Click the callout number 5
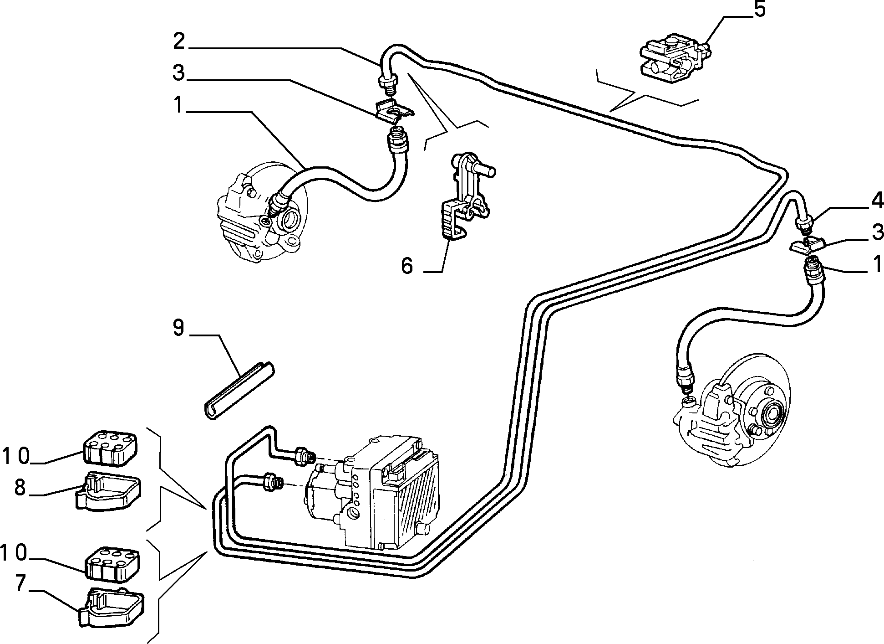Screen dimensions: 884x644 tap(759, 10)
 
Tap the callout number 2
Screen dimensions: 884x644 tap(179, 42)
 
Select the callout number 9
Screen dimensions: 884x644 tap(178, 328)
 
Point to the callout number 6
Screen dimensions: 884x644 tap(406, 266)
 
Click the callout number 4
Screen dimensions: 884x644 tap(877, 201)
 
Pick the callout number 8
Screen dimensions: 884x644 tap(20, 487)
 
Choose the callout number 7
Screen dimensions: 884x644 tap(20, 584)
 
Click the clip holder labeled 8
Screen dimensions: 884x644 tap(107, 491)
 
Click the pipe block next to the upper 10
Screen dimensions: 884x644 tap(111, 448)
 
